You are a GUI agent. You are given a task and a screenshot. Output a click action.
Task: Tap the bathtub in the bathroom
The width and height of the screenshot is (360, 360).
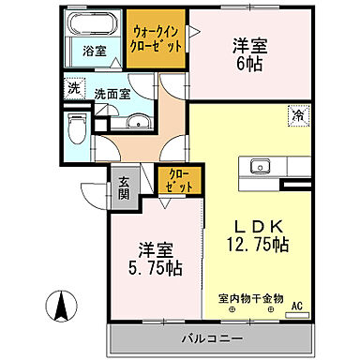(x=93, y=26)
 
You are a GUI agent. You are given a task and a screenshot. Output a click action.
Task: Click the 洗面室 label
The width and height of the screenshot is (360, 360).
(x=110, y=94)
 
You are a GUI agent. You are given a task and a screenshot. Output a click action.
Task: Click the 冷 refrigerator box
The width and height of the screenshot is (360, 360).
(x=296, y=117)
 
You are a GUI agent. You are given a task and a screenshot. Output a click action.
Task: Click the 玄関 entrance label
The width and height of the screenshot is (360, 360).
(x=123, y=189)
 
